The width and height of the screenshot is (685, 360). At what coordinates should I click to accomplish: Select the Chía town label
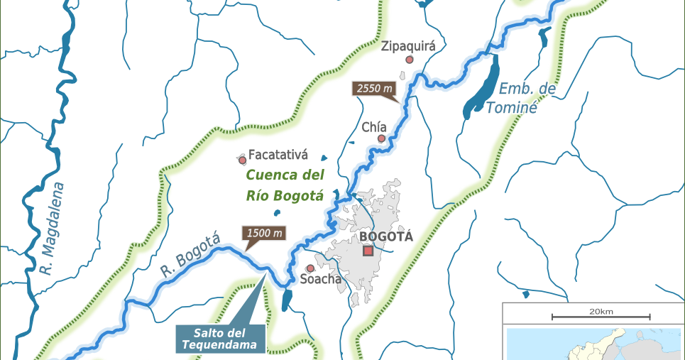pyautogui.click(x=373, y=127)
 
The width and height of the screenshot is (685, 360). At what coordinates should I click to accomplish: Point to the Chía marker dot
pyautogui.click(x=381, y=138)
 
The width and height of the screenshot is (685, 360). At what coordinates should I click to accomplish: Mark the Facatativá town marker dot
pyautogui.click(x=242, y=160)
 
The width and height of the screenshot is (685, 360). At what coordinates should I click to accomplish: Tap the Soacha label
pyautogui.click(x=320, y=279)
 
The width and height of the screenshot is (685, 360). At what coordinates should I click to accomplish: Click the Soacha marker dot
pyautogui.click(x=310, y=268)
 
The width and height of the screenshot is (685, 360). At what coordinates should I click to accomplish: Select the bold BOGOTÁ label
pyautogui.click(x=385, y=236)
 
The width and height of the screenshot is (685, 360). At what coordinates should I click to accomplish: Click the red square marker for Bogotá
pyautogui.click(x=368, y=251)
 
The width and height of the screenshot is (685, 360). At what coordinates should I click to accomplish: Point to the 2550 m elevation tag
pyautogui.click(x=373, y=89)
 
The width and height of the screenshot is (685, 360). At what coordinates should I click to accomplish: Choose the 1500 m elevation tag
pyautogui.click(x=264, y=233)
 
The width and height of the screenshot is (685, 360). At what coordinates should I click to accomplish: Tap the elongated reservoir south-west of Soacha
pyautogui.click(x=286, y=300)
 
